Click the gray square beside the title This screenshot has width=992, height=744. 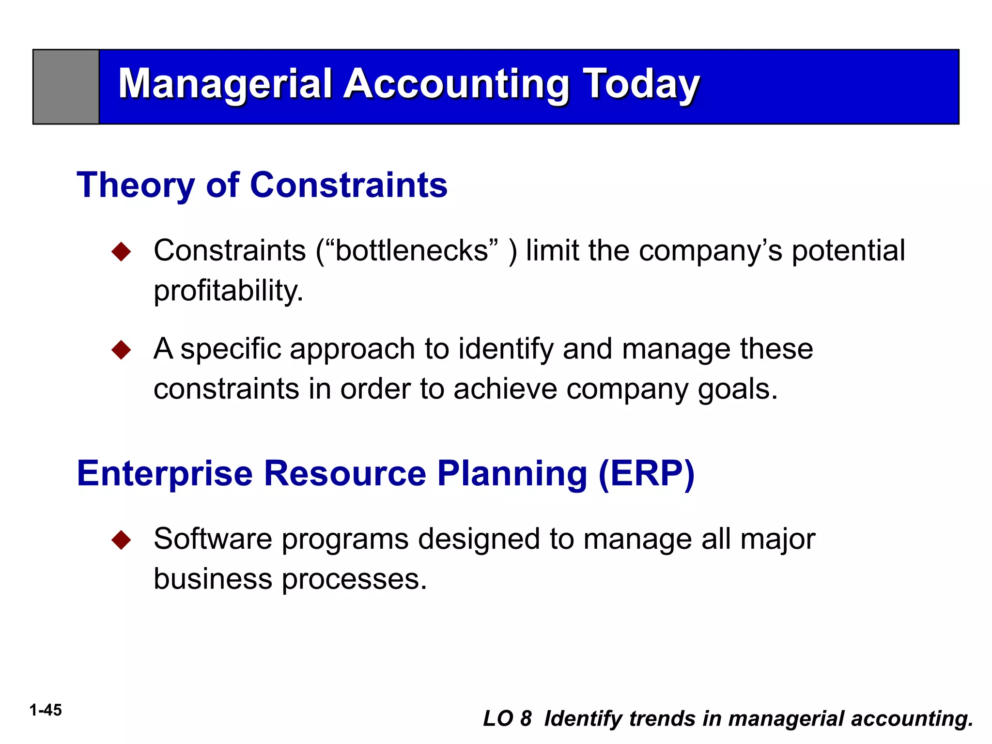click(66, 87)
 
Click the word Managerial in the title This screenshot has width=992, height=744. click(225, 84)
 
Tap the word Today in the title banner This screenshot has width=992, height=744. click(640, 84)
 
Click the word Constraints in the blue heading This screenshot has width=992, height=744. click(349, 186)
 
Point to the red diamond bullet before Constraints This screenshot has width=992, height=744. click(121, 251)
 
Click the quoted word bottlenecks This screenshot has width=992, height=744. click(412, 251)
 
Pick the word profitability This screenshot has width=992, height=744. click(228, 291)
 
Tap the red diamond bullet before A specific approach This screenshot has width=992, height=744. click(121, 350)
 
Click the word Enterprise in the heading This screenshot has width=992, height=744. click(165, 474)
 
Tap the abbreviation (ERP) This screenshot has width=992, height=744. click(647, 474)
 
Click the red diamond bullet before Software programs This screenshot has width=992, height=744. click(121, 540)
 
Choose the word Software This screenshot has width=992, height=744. click(213, 539)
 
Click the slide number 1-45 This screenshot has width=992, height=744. click(46, 710)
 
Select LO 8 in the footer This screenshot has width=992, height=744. click(507, 719)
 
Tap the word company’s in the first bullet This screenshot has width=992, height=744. click(710, 251)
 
